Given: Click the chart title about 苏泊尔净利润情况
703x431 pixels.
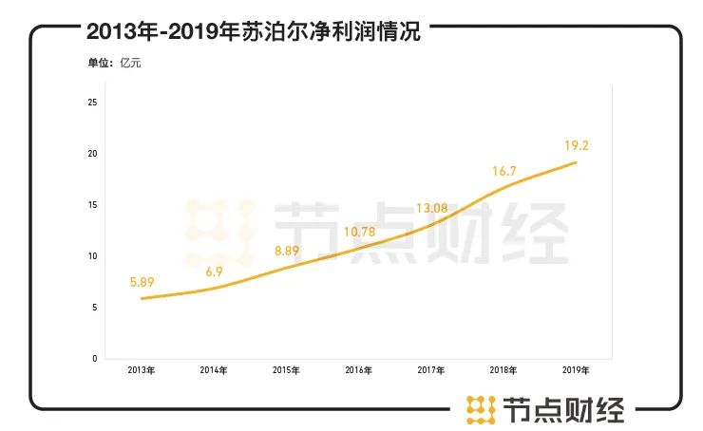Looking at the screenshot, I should click(x=252, y=31).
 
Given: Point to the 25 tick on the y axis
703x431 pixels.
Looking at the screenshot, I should click(x=92, y=103).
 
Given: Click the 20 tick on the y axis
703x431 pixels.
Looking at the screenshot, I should click(x=92, y=154).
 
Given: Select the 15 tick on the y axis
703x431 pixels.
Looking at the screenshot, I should click(x=92, y=205).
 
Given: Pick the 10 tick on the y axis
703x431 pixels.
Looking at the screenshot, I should click(x=92, y=256).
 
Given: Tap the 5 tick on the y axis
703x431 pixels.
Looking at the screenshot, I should click(x=94, y=308).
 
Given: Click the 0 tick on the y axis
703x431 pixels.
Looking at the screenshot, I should click(x=94, y=359).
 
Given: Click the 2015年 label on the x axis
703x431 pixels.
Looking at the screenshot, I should click(x=286, y=369).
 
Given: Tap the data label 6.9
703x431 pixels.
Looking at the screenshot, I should click(x=215, y=272).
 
